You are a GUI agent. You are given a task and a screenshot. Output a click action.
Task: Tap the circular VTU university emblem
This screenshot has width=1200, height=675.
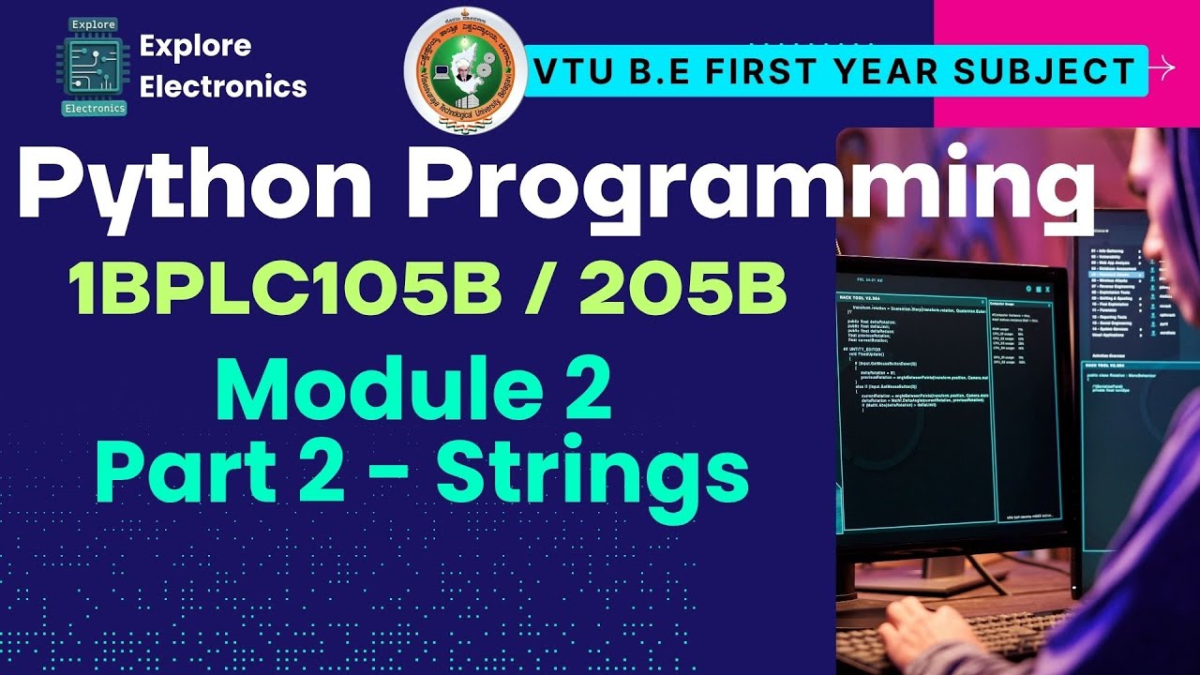(x=464, y=71)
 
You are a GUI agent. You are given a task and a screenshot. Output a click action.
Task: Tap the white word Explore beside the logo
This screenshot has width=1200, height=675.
(x=195, y=45)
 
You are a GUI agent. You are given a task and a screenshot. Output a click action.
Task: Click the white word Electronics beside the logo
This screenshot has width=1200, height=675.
(x=223, y=86)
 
